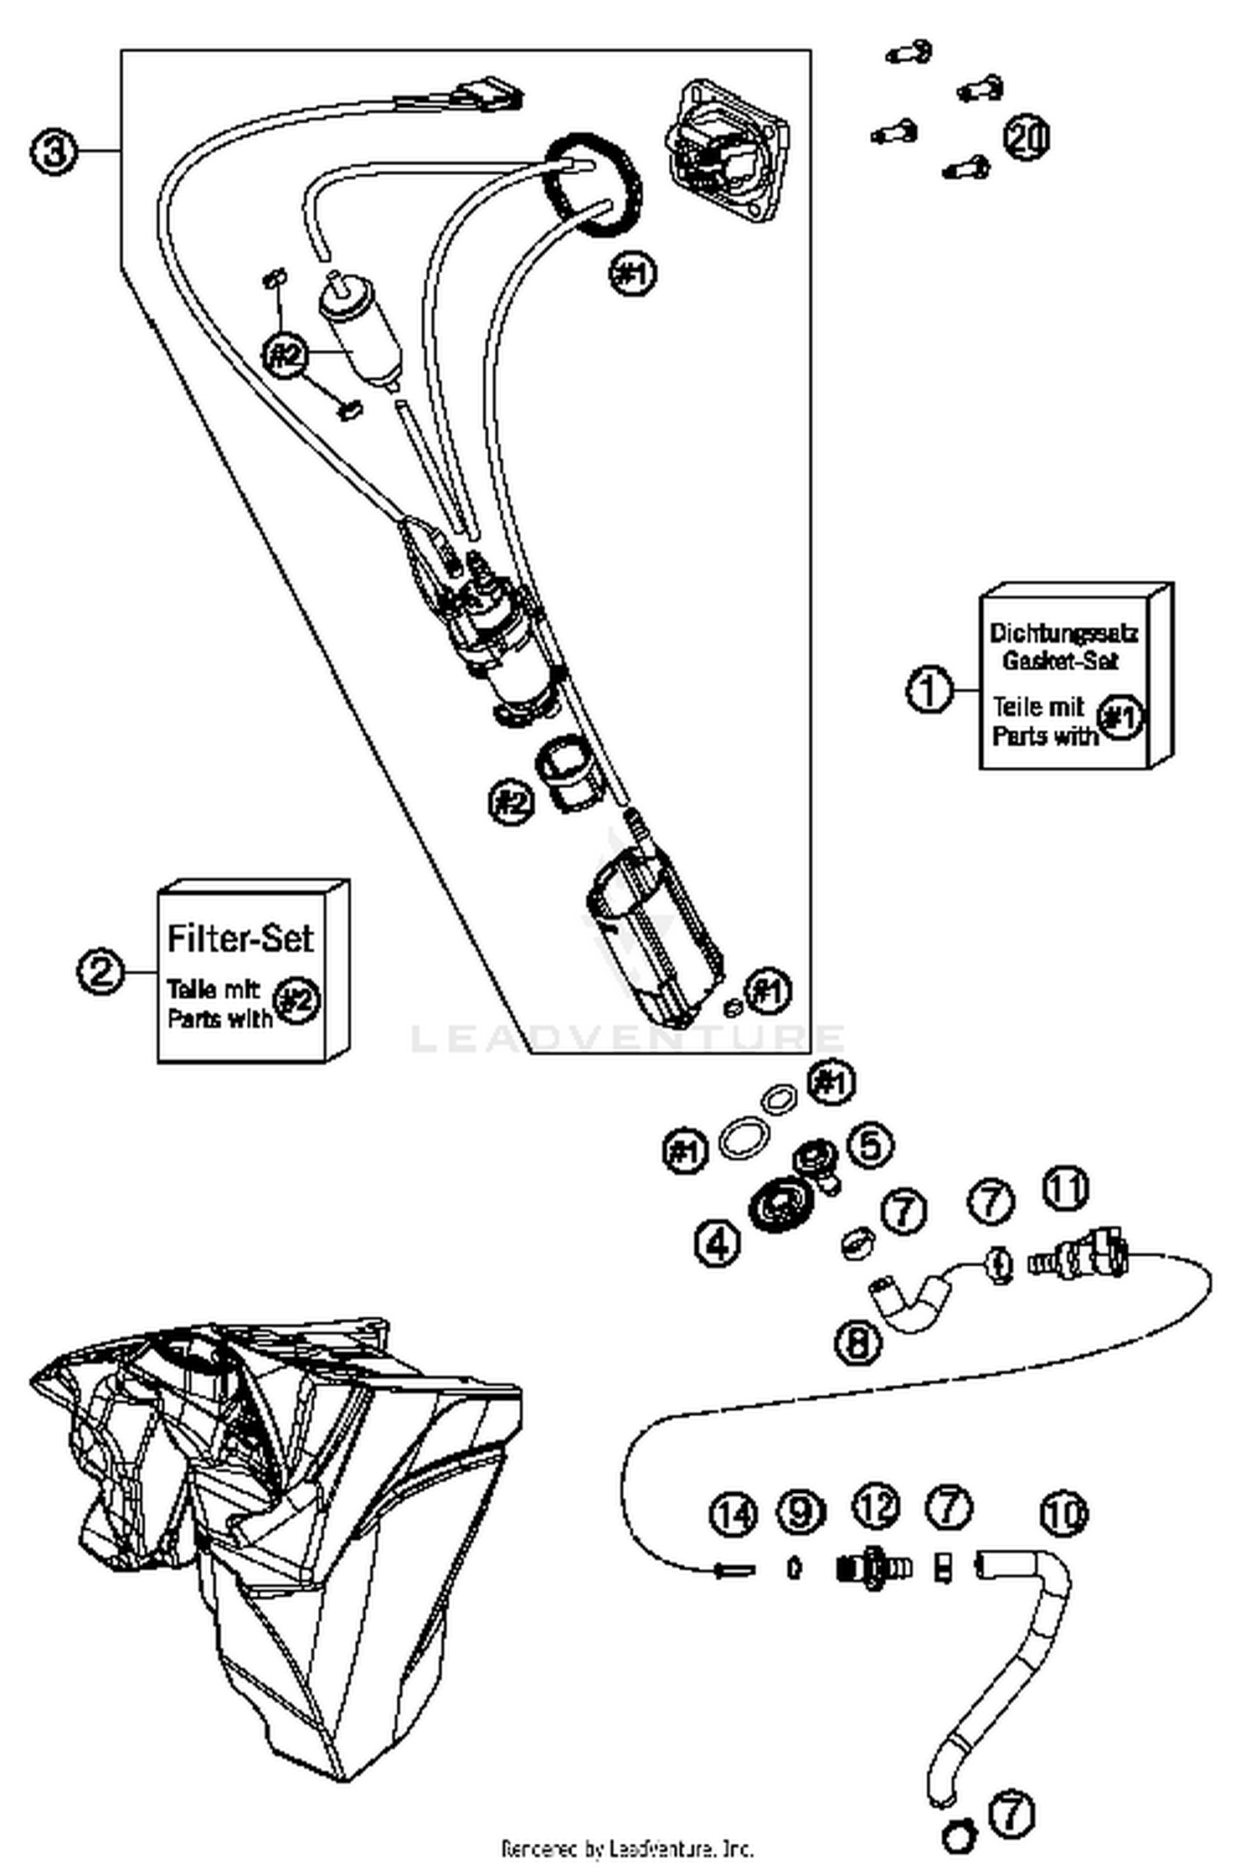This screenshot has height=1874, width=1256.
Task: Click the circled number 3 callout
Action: pos(54,153)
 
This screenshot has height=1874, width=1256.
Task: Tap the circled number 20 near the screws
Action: pos(1027,138)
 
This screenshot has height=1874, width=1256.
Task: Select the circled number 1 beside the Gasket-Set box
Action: pos(929,690)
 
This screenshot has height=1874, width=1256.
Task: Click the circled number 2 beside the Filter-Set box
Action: pos(100,971)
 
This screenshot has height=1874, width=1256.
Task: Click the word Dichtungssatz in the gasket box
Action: pos(1063,633)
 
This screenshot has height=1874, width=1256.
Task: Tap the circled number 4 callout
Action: pos(718,1243)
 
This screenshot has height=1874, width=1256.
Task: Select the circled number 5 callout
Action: pos(871,1144)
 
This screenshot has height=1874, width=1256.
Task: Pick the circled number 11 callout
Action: pos(1065,1189)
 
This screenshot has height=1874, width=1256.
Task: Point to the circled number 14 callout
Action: pos(734,1513)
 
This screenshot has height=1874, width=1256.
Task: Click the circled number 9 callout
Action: pos(800,1511)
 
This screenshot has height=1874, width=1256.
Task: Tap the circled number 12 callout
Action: pos(876,1507)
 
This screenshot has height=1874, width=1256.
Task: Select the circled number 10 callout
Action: pos(1063,1513)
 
